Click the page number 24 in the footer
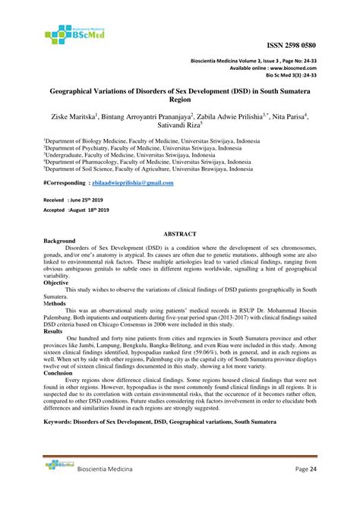(x=313, y=491)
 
